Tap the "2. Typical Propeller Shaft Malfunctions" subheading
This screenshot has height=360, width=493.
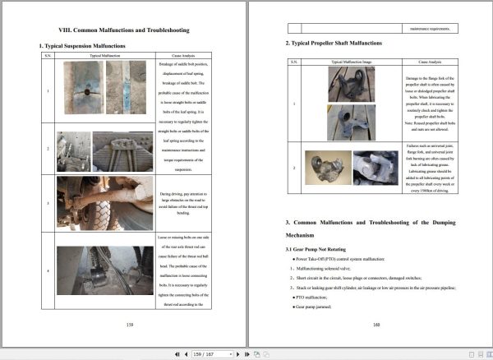click(333, 43)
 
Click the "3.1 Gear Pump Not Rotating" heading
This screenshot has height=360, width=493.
click(321, 248)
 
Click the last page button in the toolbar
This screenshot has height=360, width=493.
click(246, 353)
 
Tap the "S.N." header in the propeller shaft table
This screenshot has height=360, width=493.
click(293, 62)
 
